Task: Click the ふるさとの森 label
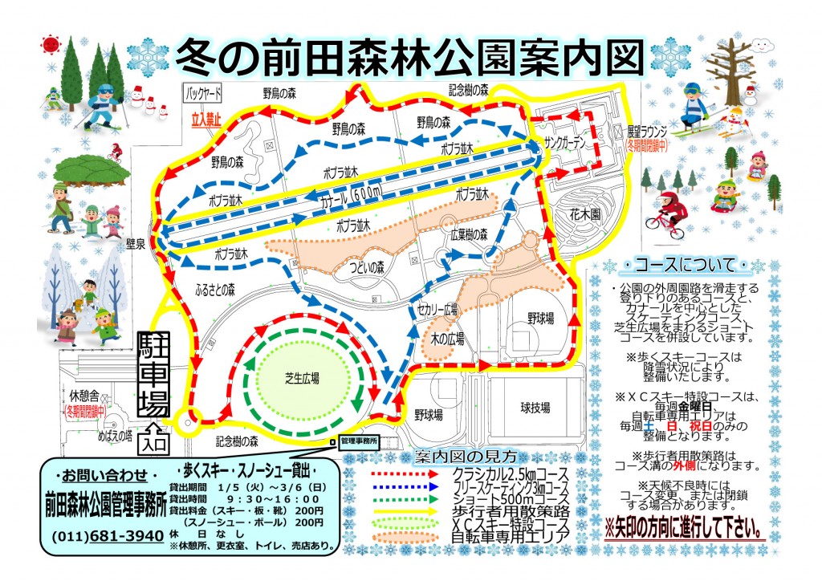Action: pyautogui.click(x=209, y=286)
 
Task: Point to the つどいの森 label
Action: pyautogui.click(x=366, y=266)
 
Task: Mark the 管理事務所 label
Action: pyautogui.click(x=358, y=441)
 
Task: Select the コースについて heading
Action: pyautogui.click(x=683, y=264)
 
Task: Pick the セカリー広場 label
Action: pyautogui.click(x=437, y=308)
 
